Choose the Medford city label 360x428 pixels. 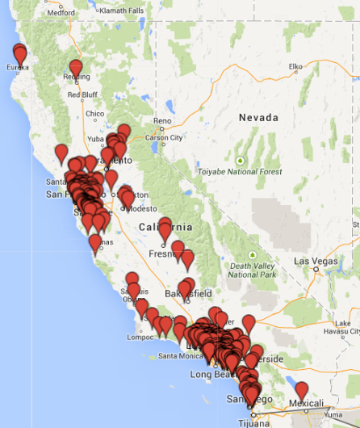tap(61, 13)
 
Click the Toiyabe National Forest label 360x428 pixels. tap(241, 171)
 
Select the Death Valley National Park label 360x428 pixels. tap(253, 270)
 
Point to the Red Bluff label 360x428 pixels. tap(82, 94)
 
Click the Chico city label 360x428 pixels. tap(94, 114)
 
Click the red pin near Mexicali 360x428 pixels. tap(302, 390)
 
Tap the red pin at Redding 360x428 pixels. tap(76, 67)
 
